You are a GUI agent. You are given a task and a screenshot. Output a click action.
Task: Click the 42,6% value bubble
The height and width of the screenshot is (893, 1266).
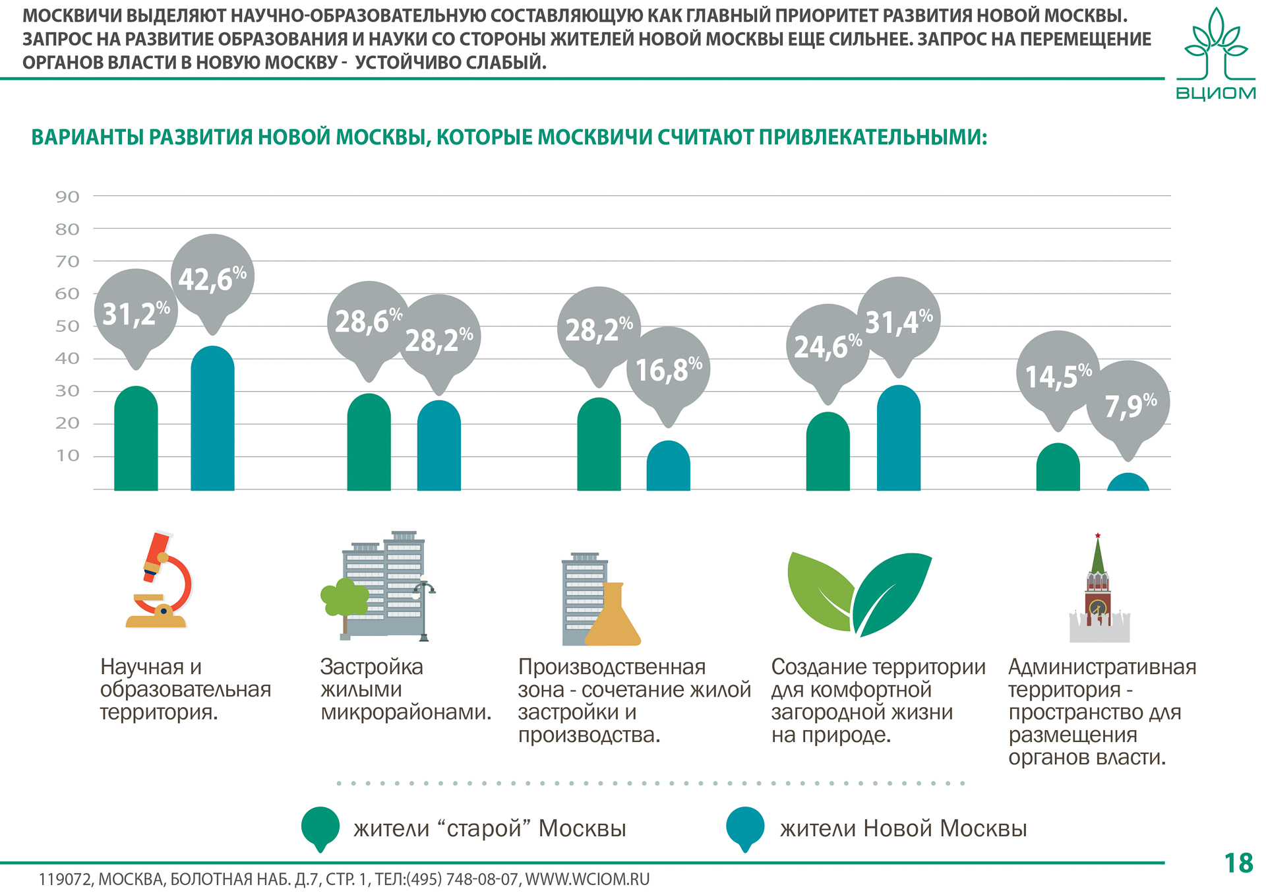(x=212, y=277)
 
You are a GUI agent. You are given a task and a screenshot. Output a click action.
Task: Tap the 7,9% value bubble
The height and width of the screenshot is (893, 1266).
(x=1128, y=404)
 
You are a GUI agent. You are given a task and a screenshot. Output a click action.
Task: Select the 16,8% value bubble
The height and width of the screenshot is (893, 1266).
(x=669, y=369)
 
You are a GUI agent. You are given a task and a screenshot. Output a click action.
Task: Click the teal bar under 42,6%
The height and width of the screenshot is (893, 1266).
(x=212, y=422)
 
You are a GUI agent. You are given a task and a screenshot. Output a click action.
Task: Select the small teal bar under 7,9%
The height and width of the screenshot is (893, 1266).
(x=1128, y=483)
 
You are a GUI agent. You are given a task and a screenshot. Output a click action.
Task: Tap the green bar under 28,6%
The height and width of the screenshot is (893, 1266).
(x=369, y=445)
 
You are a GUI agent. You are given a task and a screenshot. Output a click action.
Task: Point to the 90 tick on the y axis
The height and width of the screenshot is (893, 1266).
(x=67, y=197)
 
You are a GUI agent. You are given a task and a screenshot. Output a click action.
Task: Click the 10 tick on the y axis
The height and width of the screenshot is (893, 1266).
(x=67, y=456)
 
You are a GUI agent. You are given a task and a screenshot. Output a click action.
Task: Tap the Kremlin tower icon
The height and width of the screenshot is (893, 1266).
(x=1099, y=590)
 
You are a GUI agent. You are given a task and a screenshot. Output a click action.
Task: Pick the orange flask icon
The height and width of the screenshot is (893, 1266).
(x=613, y=617)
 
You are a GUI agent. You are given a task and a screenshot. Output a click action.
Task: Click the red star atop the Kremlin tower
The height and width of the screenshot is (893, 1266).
(x=1098, y=536)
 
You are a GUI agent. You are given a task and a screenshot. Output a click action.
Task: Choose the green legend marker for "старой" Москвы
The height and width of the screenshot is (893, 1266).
(x=320, y=827)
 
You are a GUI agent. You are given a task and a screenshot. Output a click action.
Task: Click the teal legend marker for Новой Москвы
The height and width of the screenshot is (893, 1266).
(x=745, y=827)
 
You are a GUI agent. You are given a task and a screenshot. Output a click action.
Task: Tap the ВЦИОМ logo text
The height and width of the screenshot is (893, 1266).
(x=1216, y=93)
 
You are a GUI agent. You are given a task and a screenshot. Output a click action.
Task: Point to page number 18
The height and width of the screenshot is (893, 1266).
(x=1238, y=863)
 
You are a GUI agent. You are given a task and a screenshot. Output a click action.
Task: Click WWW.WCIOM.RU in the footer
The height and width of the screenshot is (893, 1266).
(x=587, y=879)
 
